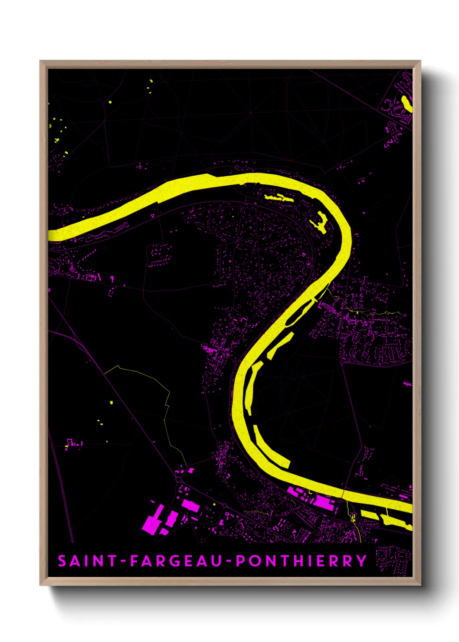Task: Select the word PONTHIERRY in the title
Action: tap(302, 561)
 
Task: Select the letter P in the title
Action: tap(240, 561)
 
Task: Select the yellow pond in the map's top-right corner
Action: tap(406, 103)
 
